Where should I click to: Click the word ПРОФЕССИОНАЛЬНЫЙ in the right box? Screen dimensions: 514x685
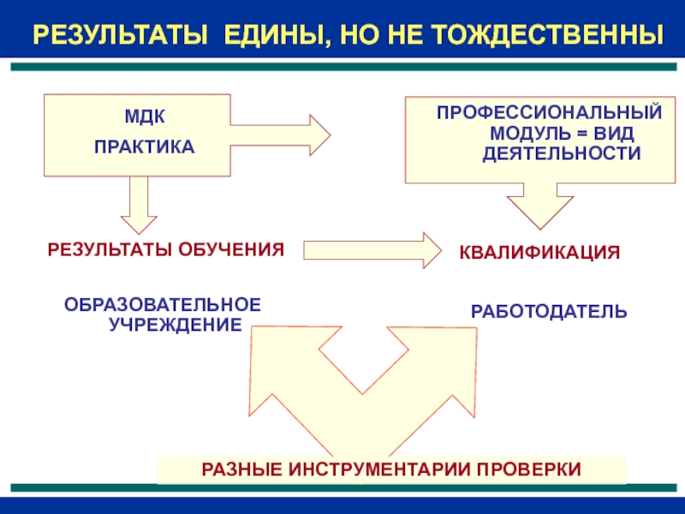coord(550,113)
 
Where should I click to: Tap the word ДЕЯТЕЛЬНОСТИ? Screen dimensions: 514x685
coord(561,154)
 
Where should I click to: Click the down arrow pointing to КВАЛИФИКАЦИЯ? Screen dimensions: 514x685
coord(538,206)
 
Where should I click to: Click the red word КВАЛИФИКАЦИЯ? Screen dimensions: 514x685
coord(539,254)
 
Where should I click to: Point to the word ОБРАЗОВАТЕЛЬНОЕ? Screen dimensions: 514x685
coord(163,306)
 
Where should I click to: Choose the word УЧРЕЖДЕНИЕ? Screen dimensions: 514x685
coord(175,325)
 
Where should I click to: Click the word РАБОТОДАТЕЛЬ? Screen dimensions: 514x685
coord(549,311)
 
